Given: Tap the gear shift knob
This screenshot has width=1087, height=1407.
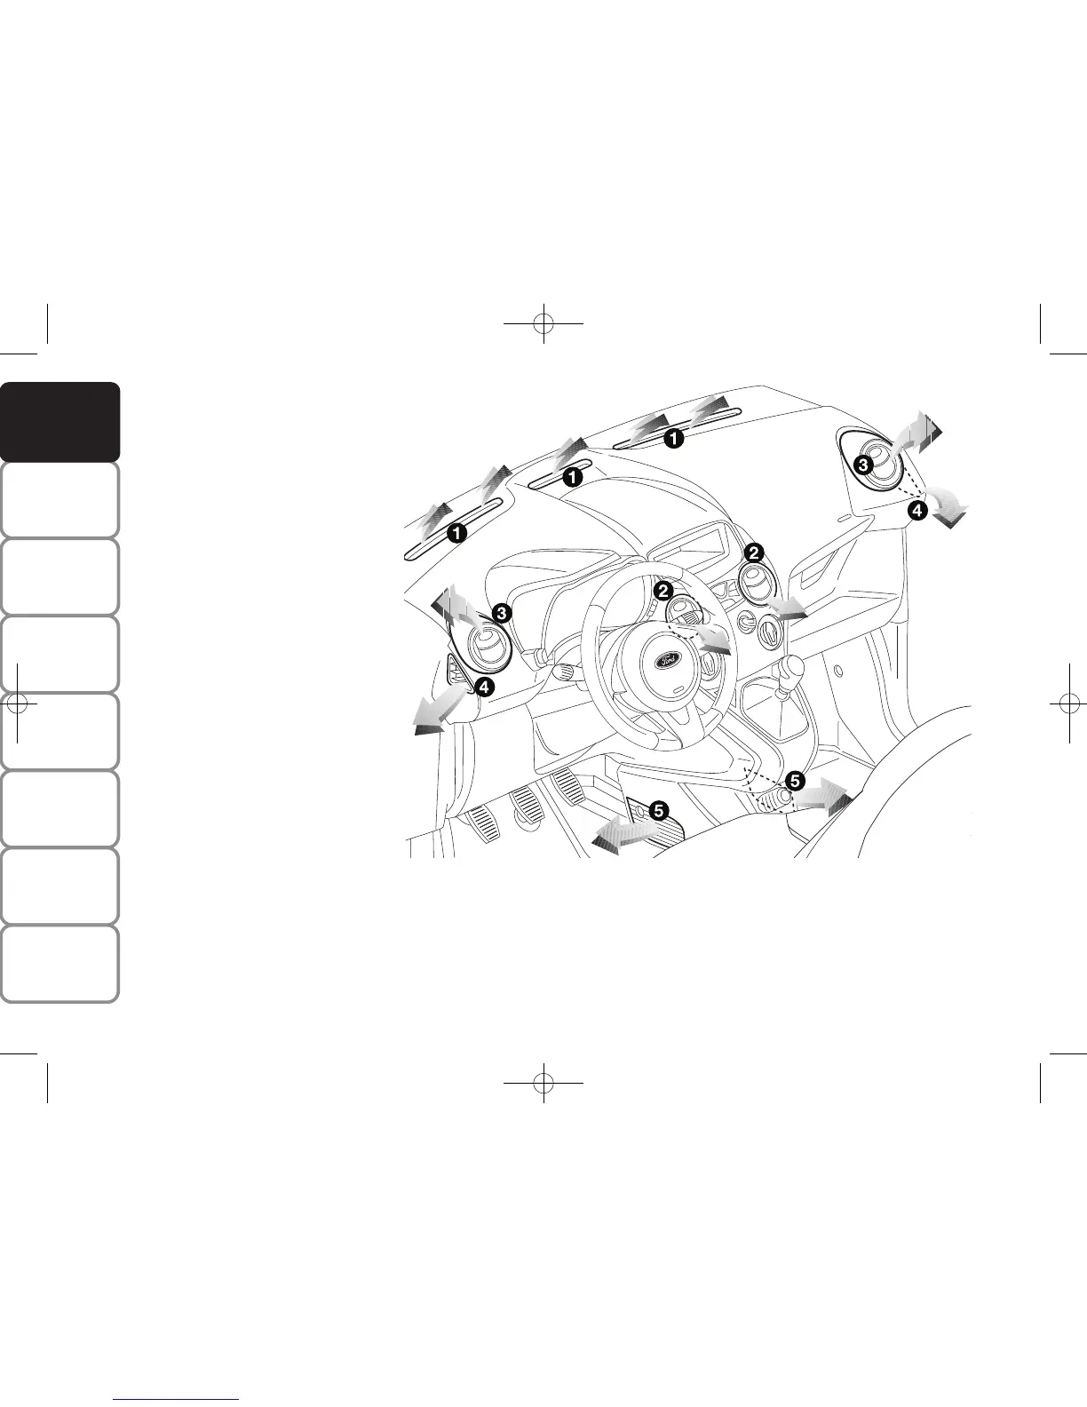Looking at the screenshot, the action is coord(791,668).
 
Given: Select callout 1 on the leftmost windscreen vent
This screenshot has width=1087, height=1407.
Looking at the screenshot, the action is coord(457,533).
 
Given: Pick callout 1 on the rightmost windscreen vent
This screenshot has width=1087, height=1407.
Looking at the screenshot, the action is coord(675,438).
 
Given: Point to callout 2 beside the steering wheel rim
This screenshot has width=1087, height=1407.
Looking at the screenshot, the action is coord(663,591).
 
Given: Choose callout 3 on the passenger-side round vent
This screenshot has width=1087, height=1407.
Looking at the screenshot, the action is coord(862,464).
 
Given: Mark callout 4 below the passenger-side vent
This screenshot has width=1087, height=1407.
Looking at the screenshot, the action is coord(916,510).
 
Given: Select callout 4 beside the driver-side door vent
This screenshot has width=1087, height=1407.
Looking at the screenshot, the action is coord(484,686).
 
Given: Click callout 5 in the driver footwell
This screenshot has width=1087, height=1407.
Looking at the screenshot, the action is coord(658,810).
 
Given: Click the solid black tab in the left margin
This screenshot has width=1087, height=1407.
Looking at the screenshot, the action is coord(60,422).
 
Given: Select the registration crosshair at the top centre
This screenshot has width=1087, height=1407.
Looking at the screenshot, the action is coord(543,324).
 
